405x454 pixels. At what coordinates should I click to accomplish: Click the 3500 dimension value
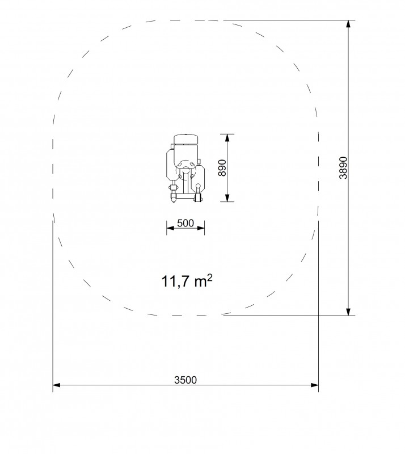185,380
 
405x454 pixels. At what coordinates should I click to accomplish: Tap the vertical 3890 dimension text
343,168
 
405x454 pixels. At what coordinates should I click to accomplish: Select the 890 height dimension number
222,167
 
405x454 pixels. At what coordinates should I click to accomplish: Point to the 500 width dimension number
185,223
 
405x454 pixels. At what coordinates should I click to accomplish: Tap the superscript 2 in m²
210,278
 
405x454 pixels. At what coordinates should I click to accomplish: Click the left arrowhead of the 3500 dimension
57,385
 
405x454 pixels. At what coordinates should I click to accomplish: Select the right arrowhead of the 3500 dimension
315,385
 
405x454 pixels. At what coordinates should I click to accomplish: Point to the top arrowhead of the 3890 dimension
348,24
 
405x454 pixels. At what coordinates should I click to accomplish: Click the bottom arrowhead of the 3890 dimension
348,312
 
